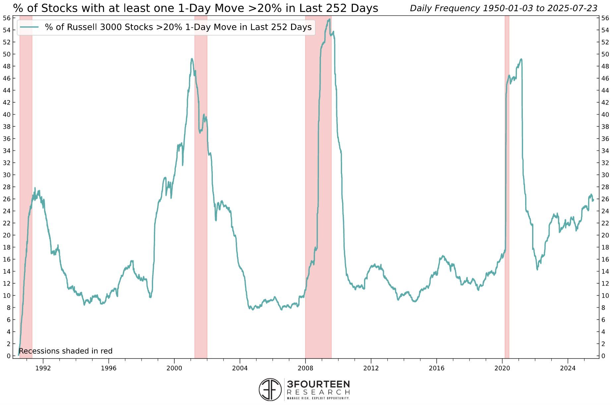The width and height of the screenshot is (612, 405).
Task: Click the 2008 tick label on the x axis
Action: (305, 368)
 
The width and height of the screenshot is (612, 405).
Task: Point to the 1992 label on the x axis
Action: (43, 368)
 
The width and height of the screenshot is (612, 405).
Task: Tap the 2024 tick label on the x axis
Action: (568, 368)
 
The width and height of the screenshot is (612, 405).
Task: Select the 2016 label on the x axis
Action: (436, 368)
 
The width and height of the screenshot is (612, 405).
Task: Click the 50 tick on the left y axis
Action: (7, 54)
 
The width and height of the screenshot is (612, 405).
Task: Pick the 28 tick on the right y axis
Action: (605, 187)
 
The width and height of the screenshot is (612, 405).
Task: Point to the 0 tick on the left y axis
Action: (9, 356)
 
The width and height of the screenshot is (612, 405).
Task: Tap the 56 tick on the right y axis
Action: (605, 18)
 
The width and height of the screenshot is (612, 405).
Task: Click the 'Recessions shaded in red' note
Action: (66, 351)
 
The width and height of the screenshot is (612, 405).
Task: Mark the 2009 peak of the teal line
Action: (329, 20)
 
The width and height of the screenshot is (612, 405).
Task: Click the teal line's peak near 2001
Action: (192, 59)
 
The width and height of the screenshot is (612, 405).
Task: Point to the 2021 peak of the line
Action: (521, 59)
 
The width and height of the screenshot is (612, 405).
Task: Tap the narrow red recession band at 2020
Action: (507, 186)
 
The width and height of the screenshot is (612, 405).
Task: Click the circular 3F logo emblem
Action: (270, 389)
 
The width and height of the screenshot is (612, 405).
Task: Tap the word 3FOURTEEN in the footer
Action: (318, 384)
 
